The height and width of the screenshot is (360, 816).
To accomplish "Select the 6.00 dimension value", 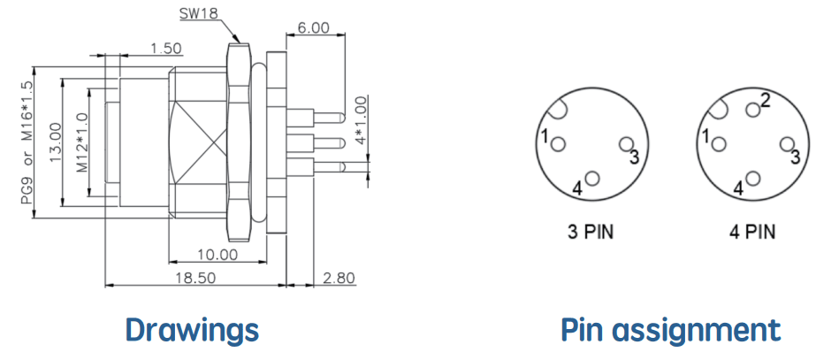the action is coord(313,27).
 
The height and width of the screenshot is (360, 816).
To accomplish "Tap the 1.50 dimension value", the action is coord(165,49).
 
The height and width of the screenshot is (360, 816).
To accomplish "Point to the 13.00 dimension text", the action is coord(55,142).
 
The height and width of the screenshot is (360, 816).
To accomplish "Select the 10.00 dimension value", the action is coord(217,255).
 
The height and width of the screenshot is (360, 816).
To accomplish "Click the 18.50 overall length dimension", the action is coord(196,278).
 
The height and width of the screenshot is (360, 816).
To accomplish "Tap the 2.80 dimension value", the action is coord(339,278).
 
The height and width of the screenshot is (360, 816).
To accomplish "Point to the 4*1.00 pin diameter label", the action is coord(359,125).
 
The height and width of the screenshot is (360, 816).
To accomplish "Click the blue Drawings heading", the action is coord(192,330).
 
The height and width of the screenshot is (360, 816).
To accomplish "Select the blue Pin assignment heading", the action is coord(671,330).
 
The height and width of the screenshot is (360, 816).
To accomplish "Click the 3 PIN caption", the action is coord(591,232).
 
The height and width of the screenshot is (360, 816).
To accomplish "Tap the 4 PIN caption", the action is coord(752,232).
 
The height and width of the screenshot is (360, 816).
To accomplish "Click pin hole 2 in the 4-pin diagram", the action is coord(752,110).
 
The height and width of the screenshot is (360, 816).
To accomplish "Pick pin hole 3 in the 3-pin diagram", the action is coord(626,144).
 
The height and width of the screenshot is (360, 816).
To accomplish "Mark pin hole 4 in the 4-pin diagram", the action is coord(752,179).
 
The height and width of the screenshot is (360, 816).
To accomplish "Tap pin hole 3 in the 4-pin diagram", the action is coord(788,144).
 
